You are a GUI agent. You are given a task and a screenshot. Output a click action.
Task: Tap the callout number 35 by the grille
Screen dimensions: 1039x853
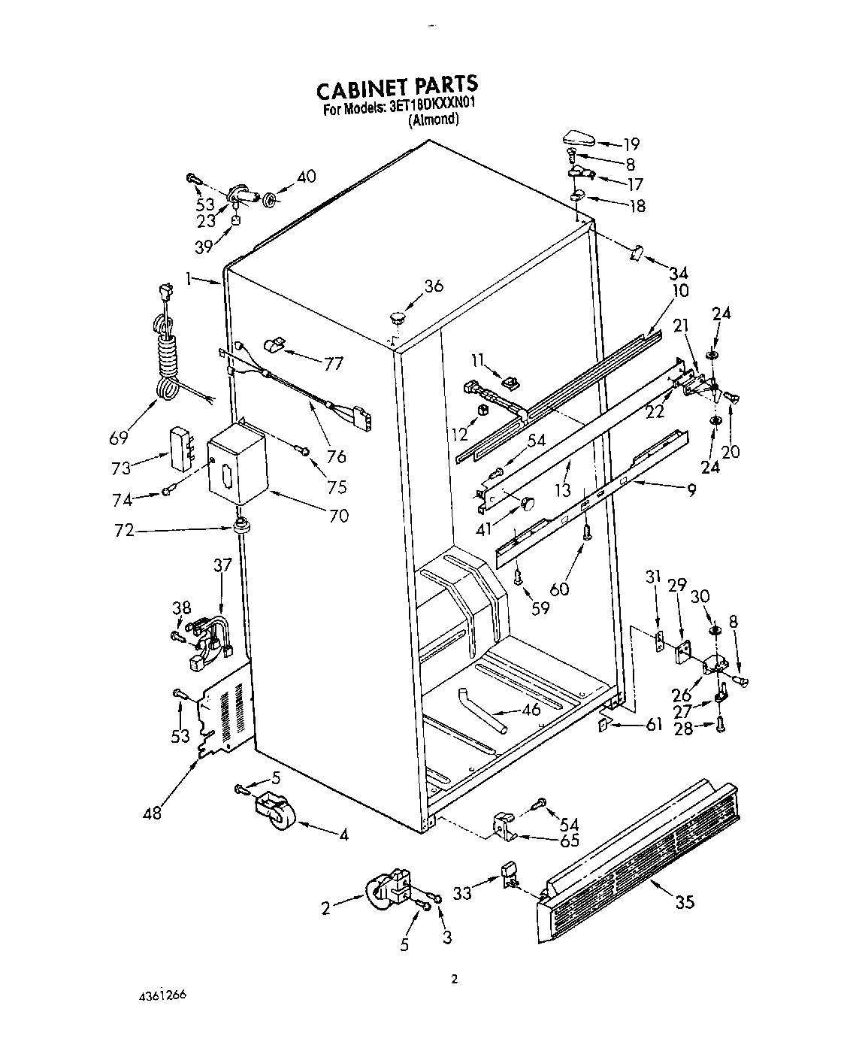click(685, 902)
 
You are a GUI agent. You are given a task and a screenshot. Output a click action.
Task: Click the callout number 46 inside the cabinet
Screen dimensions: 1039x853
click(530, 708)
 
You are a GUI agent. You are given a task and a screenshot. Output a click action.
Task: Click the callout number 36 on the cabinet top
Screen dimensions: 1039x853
click(433, 286)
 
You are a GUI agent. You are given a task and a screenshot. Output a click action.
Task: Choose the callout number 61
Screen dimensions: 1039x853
click(654, 724)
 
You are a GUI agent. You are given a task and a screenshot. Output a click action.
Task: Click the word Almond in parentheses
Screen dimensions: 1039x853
click(433, 120)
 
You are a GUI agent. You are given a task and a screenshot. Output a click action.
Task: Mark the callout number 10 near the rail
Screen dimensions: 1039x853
click(681, 290)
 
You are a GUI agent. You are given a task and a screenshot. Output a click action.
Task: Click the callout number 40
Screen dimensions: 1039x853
click(306, 177)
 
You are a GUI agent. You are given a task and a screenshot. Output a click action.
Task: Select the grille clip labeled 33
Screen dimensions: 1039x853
click(510, 875)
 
